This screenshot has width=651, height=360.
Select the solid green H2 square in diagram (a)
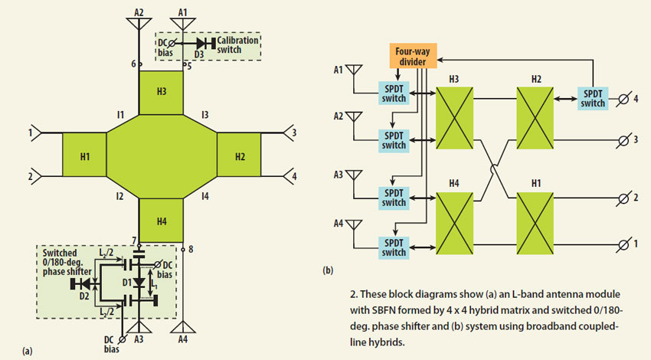(239, 157)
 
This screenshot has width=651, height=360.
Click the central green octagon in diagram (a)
(162, 157)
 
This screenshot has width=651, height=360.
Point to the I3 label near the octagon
(204, 115)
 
